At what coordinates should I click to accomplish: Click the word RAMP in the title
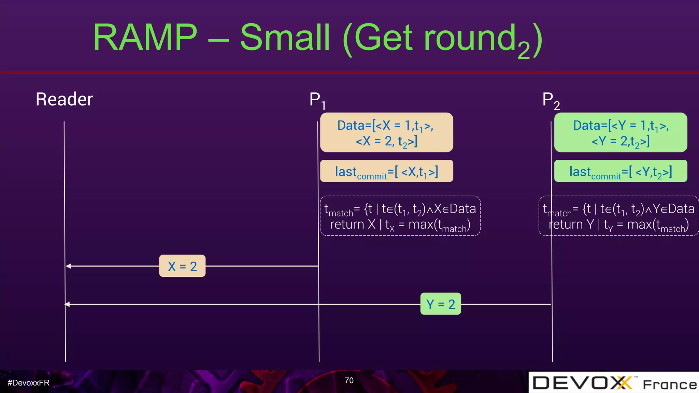[x=145, y=37]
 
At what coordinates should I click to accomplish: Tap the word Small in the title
[x=285, y=37]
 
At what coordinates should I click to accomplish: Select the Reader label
[x=64, y=99]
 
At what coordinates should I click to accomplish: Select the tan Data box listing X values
[x=386, y=132]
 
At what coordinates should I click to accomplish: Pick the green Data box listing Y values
[x=620, y=132]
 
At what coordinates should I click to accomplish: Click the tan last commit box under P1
[x=386, y=171]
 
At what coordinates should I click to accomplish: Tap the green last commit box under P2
[x=620, y=171]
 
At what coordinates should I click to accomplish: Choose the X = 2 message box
[x=182, y=266]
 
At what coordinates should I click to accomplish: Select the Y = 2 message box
[x=440, y=304]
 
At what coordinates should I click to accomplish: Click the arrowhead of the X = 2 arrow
[x=68, y=266]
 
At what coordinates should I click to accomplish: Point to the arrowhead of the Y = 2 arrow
[x=67, y=304]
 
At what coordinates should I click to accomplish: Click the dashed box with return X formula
[x=400, y=216]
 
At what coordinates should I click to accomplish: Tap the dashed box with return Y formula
[x=618, y=216]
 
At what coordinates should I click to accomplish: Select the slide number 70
[x=349, y=380]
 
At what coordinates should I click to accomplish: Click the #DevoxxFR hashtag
[x=29, y=383]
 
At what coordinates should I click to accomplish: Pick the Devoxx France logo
[x=614, y=383]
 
